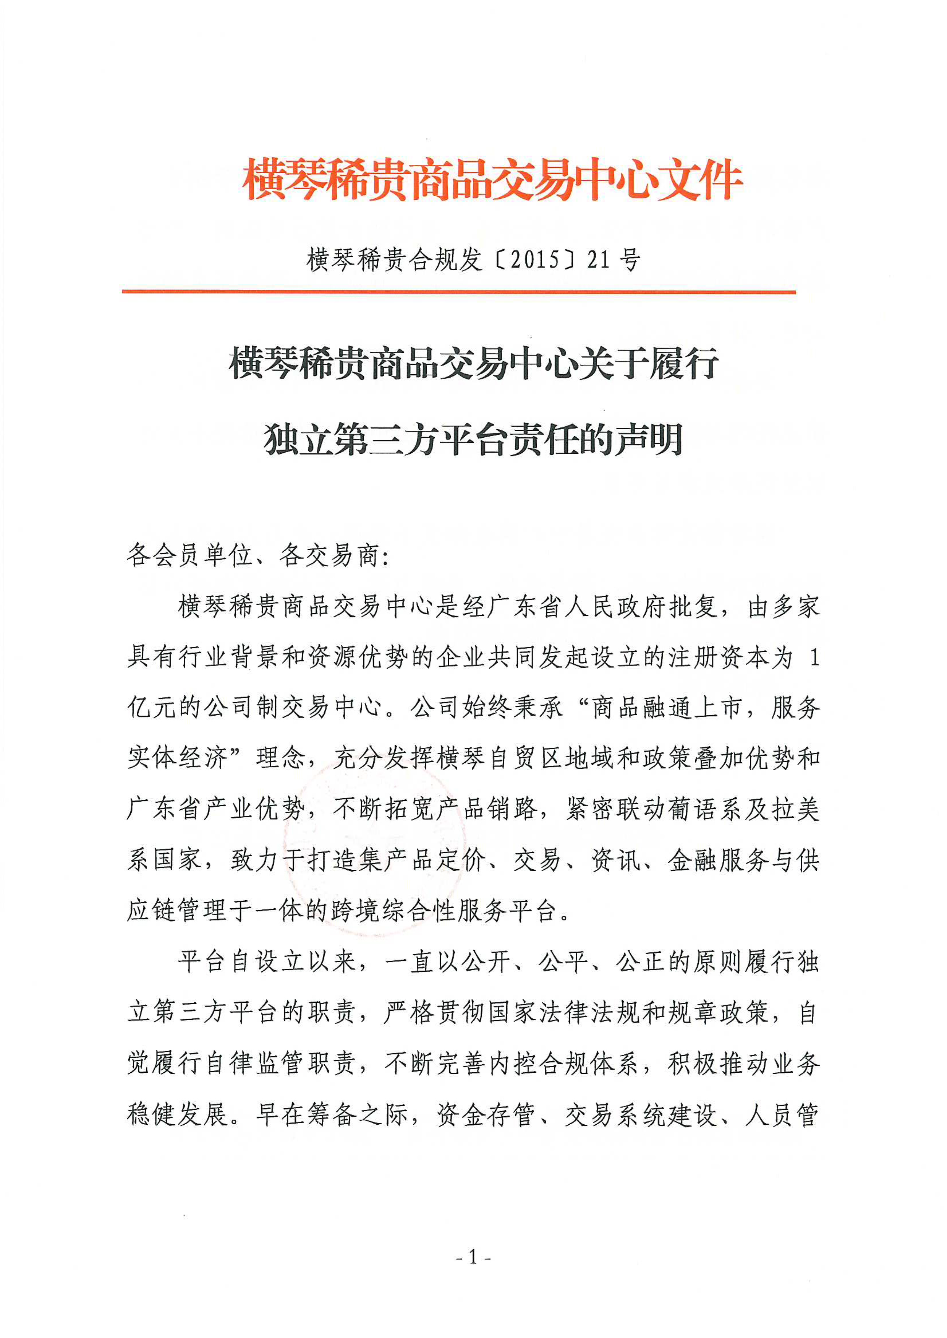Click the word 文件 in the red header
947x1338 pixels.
700,179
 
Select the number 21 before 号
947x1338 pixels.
599,260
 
